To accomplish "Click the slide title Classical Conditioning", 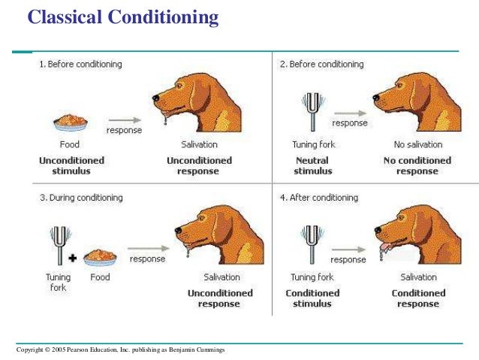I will [123, 16].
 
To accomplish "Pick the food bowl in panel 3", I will [100, 258].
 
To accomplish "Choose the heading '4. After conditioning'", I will [318, 198].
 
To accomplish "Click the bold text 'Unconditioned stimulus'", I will [71, 165].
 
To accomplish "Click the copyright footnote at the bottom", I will [120, 351].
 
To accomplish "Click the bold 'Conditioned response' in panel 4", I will [418, 298].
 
